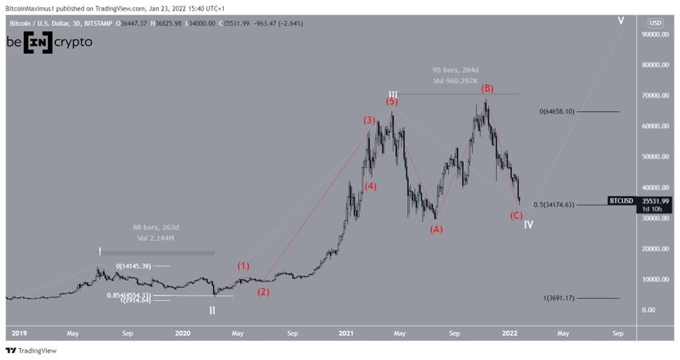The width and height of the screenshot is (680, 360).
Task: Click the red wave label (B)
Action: (x=486, y=88)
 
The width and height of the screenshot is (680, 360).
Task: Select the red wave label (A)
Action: (x=436, y=229)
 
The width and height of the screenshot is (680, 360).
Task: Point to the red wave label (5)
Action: (x=392, y=102)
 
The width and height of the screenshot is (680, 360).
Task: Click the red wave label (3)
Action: (x=369, y=121)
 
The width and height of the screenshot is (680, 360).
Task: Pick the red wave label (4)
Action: (x=370, y=186)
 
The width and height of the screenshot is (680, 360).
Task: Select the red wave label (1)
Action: (x=243, y=266)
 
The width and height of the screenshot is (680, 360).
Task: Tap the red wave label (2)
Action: (x=262, y=292)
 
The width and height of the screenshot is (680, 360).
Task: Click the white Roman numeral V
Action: (x=621, y=20)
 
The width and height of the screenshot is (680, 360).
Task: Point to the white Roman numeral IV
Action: (x=529, y=225)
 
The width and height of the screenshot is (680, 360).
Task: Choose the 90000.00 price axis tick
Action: (x=654, y=35)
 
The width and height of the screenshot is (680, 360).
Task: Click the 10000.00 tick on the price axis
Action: (x=654, y=279)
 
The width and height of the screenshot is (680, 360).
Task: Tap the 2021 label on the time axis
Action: (x=346, y=332)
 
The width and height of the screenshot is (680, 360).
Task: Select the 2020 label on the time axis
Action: (x=183, y=332)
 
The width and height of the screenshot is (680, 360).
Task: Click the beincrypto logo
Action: (x=50, y=42)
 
